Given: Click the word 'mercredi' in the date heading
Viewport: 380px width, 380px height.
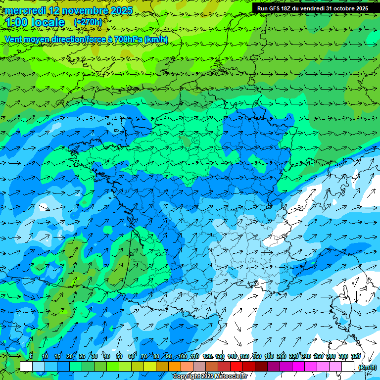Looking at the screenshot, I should [25, 10].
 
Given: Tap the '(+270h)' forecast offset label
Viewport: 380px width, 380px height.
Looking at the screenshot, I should [88, 22].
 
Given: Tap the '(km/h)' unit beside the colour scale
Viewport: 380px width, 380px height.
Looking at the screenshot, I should [367, 367].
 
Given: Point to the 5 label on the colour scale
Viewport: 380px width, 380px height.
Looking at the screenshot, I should [31, 356].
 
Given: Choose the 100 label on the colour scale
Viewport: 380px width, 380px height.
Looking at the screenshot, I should [183, 356].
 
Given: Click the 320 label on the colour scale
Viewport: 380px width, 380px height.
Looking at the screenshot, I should [356, 356].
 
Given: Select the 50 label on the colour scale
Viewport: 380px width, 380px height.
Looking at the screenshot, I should [119, 356].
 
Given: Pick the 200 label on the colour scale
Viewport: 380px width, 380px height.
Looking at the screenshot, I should [282, 356].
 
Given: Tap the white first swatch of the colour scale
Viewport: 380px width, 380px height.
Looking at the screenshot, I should [26, 367].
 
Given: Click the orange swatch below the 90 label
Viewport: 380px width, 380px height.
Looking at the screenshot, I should [175, 367].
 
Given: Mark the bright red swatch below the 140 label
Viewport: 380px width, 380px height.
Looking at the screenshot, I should [237, 367].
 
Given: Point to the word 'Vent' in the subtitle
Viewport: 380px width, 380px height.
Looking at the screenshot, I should [14, 39].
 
